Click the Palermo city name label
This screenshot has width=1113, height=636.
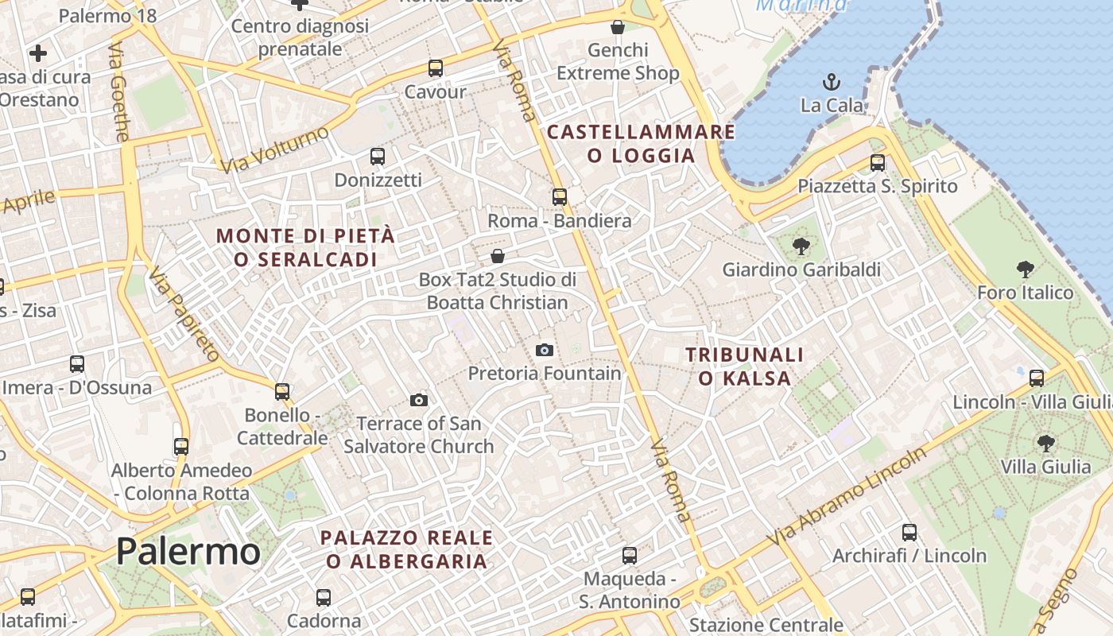point(188,551)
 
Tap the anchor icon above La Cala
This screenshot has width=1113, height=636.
point(831,81)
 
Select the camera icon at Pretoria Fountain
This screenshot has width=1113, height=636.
point(545,350)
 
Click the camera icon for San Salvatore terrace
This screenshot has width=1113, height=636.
point(419,400)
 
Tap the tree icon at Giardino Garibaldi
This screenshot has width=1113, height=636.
point(801,246)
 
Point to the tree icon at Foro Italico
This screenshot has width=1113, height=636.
point(1026,269)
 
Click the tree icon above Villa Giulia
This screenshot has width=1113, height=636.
point(1045,443)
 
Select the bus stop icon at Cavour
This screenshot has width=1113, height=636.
point(435,68)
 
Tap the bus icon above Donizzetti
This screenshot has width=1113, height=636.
point(378,157)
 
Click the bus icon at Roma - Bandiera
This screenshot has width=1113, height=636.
point(560,196)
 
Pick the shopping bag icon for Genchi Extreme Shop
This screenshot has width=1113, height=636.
point(618,27)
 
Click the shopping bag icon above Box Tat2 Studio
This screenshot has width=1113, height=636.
point(498,256)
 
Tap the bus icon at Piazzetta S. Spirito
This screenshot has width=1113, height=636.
point(878,162)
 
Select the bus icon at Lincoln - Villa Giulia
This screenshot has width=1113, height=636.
point(1037,378)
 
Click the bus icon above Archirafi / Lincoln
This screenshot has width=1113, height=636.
point(909,532)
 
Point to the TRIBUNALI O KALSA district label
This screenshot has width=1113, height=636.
point(745,366)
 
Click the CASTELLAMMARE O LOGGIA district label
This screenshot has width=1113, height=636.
point(641,143)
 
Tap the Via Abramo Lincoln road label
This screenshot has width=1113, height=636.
point(847,496)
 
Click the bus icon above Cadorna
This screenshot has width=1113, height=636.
point(324,597)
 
